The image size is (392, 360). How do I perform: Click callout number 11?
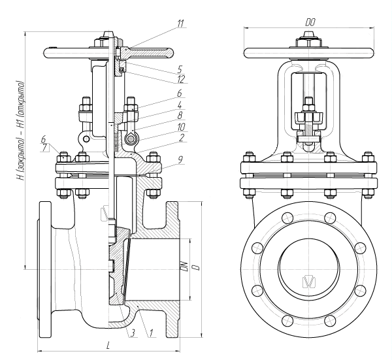point(180,24)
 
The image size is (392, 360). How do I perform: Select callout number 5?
point(180,69)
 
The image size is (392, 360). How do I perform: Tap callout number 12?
point(180,79)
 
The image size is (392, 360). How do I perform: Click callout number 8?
point(180,115)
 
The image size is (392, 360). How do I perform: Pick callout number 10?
point(181,127)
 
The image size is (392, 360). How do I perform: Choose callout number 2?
point(182,137)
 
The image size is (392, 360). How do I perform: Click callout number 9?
point(180,160)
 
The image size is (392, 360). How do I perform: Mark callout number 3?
point(133,333)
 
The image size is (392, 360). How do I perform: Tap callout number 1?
point(151,333)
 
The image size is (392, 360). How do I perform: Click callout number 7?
point(44,148)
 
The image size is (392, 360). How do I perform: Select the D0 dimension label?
point(310,22)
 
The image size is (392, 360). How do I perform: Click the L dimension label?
point(108,346)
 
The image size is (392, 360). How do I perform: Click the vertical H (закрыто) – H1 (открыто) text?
point(20,130)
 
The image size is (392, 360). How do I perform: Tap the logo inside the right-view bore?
point(310,282)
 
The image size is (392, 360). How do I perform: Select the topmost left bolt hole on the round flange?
point(287,218)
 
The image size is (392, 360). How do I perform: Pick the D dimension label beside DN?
point(197,267)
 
